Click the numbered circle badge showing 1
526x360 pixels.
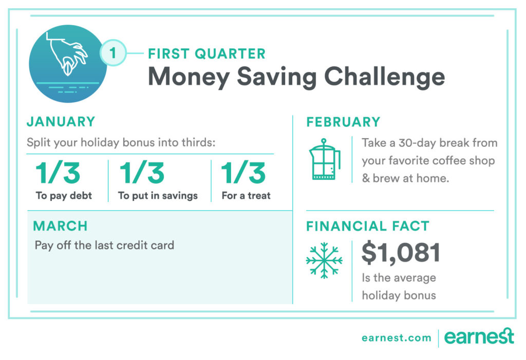113,53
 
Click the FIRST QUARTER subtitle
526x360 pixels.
206,54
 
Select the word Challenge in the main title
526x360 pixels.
384,78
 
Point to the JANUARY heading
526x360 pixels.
61,121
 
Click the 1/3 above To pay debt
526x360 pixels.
58,173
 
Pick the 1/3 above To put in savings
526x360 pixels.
142,173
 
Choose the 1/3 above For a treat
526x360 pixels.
243,173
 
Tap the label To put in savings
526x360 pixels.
158,196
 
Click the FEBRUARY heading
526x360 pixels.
344,122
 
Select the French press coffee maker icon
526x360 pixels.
324,159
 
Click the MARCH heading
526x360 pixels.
61,226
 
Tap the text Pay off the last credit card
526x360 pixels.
104,245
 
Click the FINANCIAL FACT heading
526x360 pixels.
368,226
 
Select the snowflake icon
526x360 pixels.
324,260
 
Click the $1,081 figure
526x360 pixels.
401,253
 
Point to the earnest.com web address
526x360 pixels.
397,338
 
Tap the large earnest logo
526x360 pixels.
479,336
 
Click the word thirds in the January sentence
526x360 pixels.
198,142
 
